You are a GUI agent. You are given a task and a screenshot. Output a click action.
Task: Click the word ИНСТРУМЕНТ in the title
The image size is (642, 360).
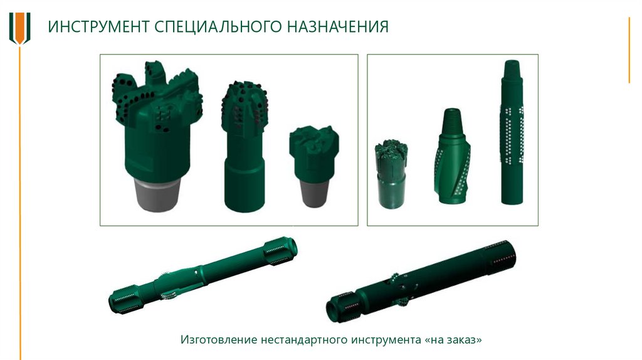98,26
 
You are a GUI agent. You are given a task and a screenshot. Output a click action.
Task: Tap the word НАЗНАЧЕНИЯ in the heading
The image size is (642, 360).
337,26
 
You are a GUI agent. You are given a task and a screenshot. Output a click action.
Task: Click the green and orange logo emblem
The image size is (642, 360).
19,28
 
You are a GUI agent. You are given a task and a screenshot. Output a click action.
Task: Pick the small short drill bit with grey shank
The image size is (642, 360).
314,166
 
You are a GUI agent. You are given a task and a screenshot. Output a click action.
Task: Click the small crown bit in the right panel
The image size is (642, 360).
391,174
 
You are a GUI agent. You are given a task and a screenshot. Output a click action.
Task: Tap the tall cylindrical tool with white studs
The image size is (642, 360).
512,132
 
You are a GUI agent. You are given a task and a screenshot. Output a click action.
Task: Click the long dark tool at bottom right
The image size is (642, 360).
421,282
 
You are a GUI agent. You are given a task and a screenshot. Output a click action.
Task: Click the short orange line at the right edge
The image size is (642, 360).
629,50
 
